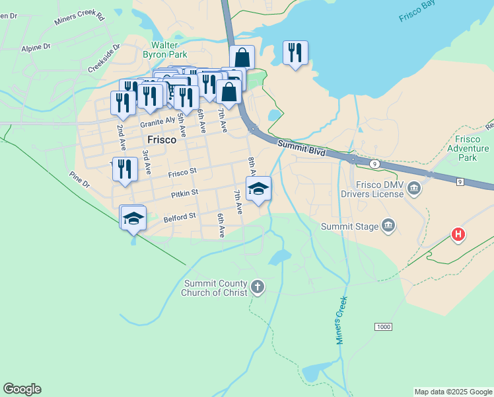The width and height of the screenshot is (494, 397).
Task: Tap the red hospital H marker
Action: tap(458, 234)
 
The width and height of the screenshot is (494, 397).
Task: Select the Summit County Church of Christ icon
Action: tap(258, 287)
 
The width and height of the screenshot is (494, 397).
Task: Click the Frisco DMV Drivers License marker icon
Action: tap(414, 189)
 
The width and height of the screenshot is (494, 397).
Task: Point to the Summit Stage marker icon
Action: tap(389, 226)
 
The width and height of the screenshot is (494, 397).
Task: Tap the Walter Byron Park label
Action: tap(165, 50)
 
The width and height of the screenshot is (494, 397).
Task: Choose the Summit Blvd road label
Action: tap(301, 148)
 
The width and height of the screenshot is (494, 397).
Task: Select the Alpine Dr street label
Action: tap(36, 48)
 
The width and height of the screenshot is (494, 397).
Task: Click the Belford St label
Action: tap(180, 216)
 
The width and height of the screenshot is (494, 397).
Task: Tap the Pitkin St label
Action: tap(185, 193)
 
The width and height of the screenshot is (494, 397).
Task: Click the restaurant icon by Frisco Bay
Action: tap(295, 53)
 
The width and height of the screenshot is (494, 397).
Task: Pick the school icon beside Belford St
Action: tap(133, 218)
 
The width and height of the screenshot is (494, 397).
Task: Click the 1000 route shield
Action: tap(383, 327)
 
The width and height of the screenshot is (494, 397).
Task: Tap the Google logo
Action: tap(22, 389)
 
